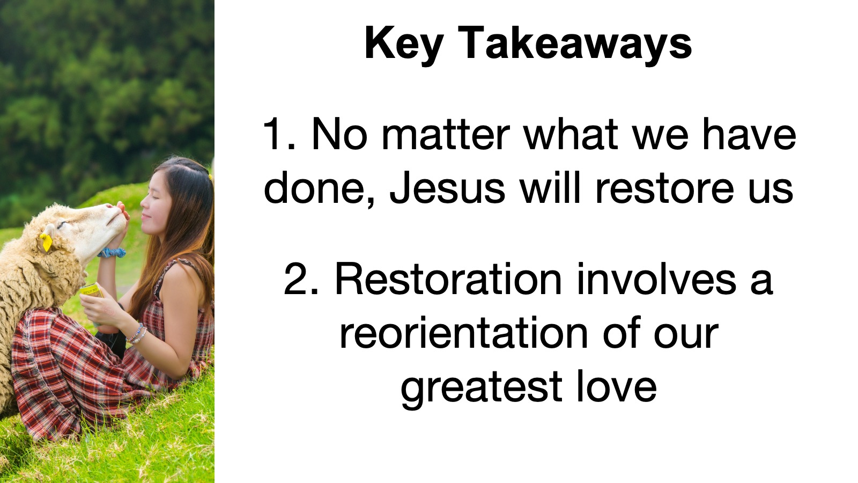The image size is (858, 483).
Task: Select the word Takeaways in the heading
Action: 575,43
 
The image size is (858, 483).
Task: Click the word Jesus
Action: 447,187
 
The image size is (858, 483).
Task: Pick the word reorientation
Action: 463,332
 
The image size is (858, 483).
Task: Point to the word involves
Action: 656,279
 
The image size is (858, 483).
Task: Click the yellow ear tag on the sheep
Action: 46,242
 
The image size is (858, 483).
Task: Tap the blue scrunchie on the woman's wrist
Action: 112,253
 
